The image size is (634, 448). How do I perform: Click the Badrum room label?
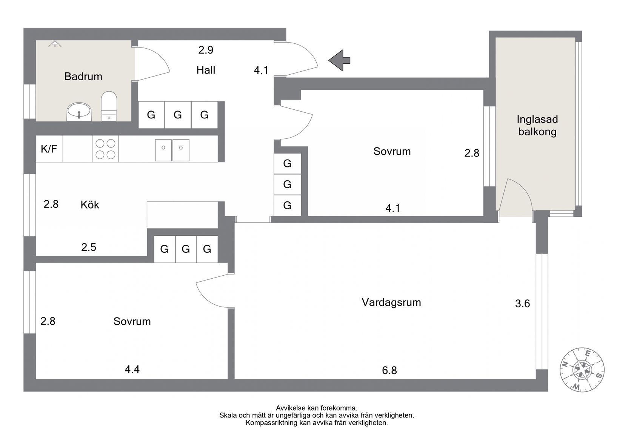83,77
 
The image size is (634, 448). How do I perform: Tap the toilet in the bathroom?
109,106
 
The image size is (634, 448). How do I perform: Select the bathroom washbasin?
79,112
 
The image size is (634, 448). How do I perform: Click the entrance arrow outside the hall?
339,60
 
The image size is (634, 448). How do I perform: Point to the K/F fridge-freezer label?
49,149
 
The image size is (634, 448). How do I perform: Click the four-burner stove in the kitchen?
105,149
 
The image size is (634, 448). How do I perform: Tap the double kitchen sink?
172,150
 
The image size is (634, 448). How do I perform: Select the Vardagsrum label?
391,302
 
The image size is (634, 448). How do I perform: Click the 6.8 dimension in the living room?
389,370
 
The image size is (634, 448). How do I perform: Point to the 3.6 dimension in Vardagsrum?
522,304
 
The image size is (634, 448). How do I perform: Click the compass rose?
582,370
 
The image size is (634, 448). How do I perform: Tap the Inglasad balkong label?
537,126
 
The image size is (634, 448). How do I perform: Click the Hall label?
206,70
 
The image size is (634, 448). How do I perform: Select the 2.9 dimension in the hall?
206,50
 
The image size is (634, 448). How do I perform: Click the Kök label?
90,205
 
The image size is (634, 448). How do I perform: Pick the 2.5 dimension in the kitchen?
89,247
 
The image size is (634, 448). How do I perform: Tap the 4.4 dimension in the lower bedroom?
132,370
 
